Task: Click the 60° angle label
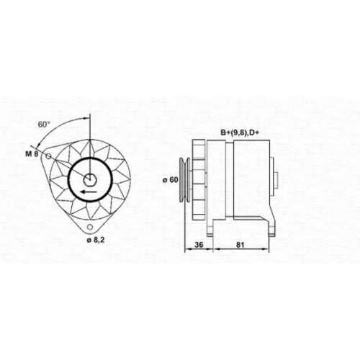(x=44, y=125)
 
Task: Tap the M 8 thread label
(x=32, y=154)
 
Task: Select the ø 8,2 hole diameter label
(x=96, y=240)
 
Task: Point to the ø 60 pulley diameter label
(x=171, y=179)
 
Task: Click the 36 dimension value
(x=199, y=245)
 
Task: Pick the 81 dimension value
(x=240, y=245)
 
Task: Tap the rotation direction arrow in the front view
(x=89, y=192)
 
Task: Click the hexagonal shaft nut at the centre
(x=90, y=179)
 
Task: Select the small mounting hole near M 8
(x=48, y=156)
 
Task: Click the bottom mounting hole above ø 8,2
(x=90, y=227)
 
